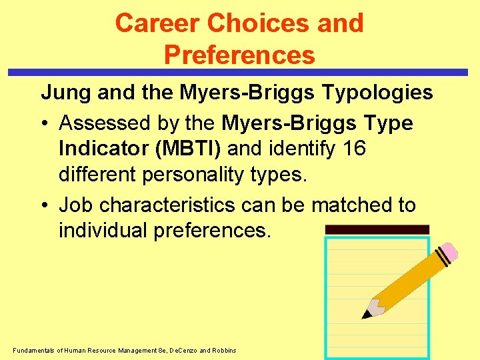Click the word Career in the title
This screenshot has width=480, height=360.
[x=157, y=23]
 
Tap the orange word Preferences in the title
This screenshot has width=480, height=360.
[x=239, y=55]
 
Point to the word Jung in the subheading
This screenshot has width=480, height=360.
[x=66, y=93]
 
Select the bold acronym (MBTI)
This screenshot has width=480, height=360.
[x=189, y=148]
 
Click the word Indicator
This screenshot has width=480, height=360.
[x=103, y=148]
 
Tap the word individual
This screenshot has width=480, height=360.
[x=103, y=230]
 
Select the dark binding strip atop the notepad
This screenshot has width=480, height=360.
[x=377, y=229]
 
